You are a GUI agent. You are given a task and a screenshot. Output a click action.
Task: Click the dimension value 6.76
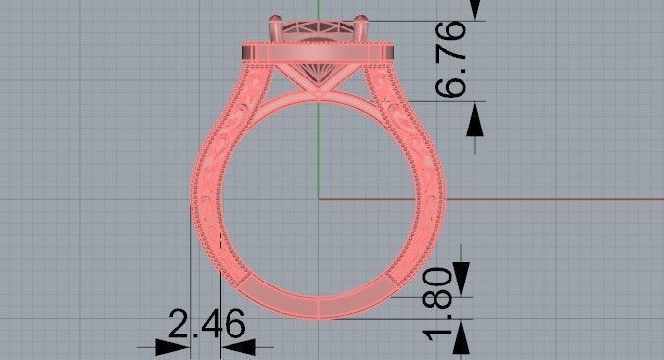tap(454, 60)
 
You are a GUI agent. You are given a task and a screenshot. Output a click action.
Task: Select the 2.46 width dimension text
tap(206, 324)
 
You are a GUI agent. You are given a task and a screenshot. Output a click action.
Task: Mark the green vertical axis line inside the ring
tap(318, 147)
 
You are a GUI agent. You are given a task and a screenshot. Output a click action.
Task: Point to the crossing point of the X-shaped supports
tap(318, 89)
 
